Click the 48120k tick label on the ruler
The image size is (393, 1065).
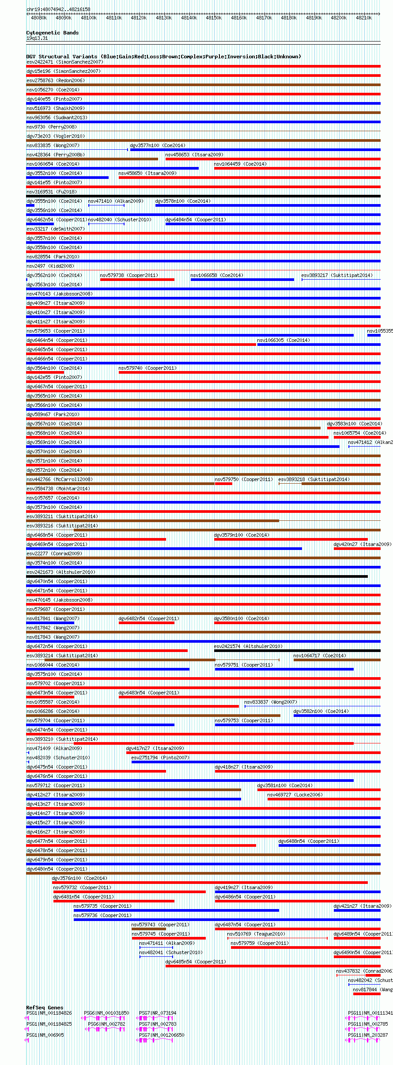point(139,18)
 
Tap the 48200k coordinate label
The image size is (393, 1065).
point(339,18)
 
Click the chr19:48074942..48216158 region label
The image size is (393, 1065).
point(58,9)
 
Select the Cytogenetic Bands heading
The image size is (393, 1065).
point(52,33)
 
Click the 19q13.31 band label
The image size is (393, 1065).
point(37,38)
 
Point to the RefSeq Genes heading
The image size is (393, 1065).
point(45,1008)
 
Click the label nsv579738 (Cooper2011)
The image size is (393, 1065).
point(128,275)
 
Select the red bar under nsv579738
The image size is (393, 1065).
point(137,280)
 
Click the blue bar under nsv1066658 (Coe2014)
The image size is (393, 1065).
point(242,280)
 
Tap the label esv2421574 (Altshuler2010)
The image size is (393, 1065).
point(248,646)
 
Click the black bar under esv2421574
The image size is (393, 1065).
point(297,651)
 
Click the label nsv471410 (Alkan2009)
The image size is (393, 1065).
point(116,201)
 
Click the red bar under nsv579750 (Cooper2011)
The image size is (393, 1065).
point(223,484)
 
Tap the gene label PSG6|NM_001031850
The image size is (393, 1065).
point(106,1013)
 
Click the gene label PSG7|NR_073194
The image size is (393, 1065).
point(158,1013)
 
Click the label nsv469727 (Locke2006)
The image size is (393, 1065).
point(295,795)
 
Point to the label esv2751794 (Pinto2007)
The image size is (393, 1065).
point(160,758)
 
